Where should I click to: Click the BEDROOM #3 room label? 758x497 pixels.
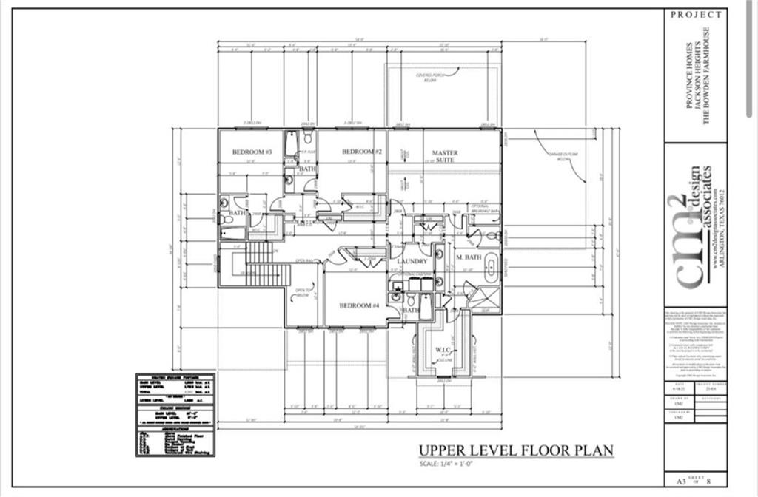click(x=252, y=152)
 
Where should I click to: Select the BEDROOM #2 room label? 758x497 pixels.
click(x=361, y=152)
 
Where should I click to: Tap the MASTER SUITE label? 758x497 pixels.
click(x=445, y=156)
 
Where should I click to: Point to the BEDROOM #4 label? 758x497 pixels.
click(x=359, y=305)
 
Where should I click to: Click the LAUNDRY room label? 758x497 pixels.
click(x=412, y=262)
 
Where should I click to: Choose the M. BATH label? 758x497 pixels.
click(x=469, y=257)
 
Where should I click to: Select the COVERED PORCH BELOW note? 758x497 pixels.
click(x=430, y=77)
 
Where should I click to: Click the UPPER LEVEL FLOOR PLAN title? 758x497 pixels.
click(x=516, y=450)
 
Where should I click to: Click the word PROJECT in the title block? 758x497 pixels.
click(x=696, y=14)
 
